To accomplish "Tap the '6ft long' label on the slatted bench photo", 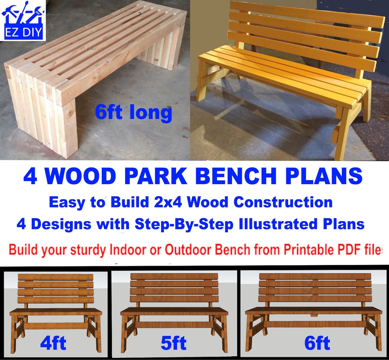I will [x=133, y=113].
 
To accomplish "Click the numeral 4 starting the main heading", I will [x=30, y=176].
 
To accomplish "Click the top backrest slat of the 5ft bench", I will [x=174, y=276].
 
